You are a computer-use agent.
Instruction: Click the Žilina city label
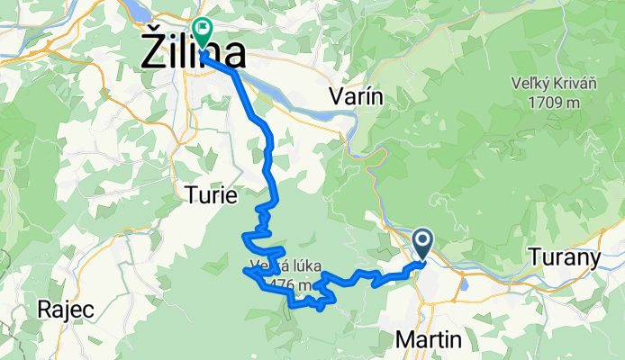195,53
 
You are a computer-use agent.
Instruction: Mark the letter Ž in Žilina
154,52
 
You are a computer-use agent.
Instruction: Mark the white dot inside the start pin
423,239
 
